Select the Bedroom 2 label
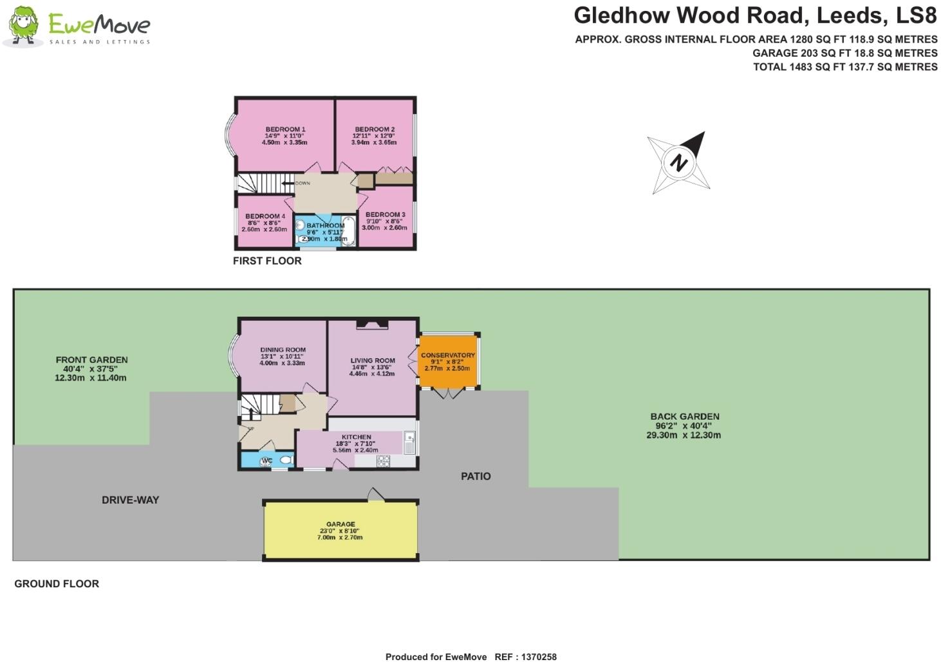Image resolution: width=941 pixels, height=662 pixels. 375,129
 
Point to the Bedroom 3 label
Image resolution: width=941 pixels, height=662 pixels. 385,214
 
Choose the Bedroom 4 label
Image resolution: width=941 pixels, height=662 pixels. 265,216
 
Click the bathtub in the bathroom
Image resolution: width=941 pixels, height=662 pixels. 348,231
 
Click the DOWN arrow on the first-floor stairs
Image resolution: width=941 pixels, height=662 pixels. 288,184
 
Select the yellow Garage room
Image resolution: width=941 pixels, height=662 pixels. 340,530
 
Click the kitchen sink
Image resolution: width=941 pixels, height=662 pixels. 409,441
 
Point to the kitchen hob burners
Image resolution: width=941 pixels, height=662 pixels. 383,460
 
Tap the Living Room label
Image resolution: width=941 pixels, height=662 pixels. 373,361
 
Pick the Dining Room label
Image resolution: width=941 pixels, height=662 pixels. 283,350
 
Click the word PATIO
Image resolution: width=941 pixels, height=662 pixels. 476,477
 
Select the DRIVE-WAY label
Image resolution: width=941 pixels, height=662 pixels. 130,500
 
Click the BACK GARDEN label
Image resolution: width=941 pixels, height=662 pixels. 685,417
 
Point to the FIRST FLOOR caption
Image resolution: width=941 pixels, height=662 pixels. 267,261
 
